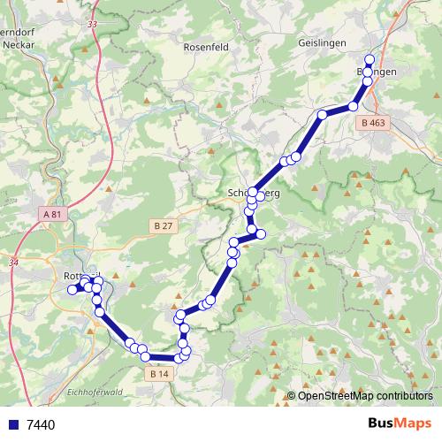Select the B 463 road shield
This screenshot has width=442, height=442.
coord(374,125)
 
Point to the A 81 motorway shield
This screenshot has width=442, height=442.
coord(53,214)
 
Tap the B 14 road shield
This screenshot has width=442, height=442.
coord(159,374)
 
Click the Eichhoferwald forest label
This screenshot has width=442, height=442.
coord(93,392)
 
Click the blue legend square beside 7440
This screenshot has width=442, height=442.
coord(13,425)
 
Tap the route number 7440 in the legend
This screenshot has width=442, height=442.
coord(42,425)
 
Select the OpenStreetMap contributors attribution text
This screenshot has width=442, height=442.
coord(365,395)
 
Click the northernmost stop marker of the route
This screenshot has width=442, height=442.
coord(370,59)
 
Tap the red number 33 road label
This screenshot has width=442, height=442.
coord(93,24)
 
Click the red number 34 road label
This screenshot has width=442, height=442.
coord(13,263)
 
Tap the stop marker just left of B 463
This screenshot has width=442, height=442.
coord(353,106)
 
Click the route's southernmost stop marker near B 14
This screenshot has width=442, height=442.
coord(179,358)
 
